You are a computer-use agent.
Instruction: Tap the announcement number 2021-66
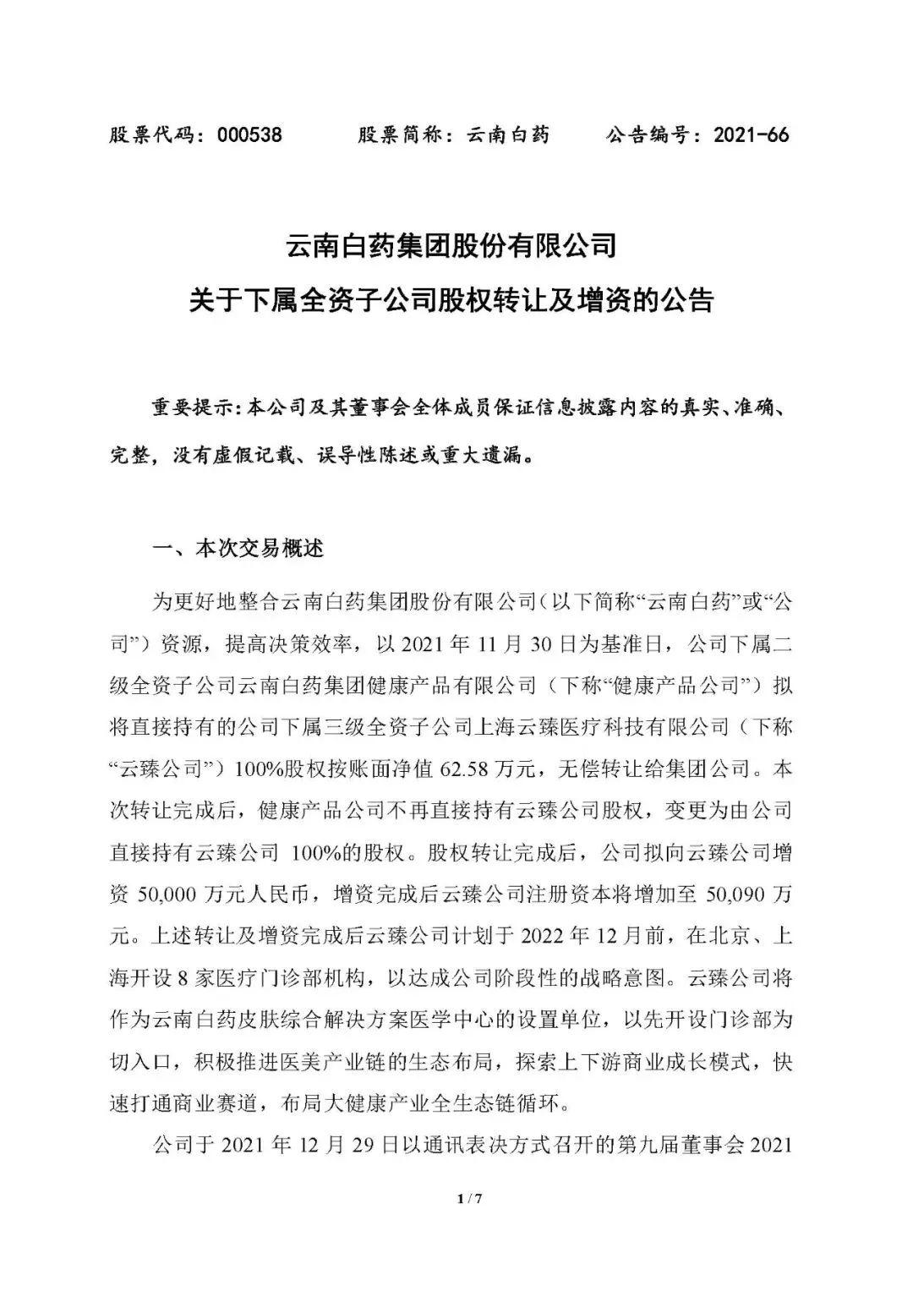click(751, 134)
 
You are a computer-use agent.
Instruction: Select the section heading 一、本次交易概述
click(238, 549)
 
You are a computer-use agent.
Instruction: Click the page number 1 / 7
click(468, 1198)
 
